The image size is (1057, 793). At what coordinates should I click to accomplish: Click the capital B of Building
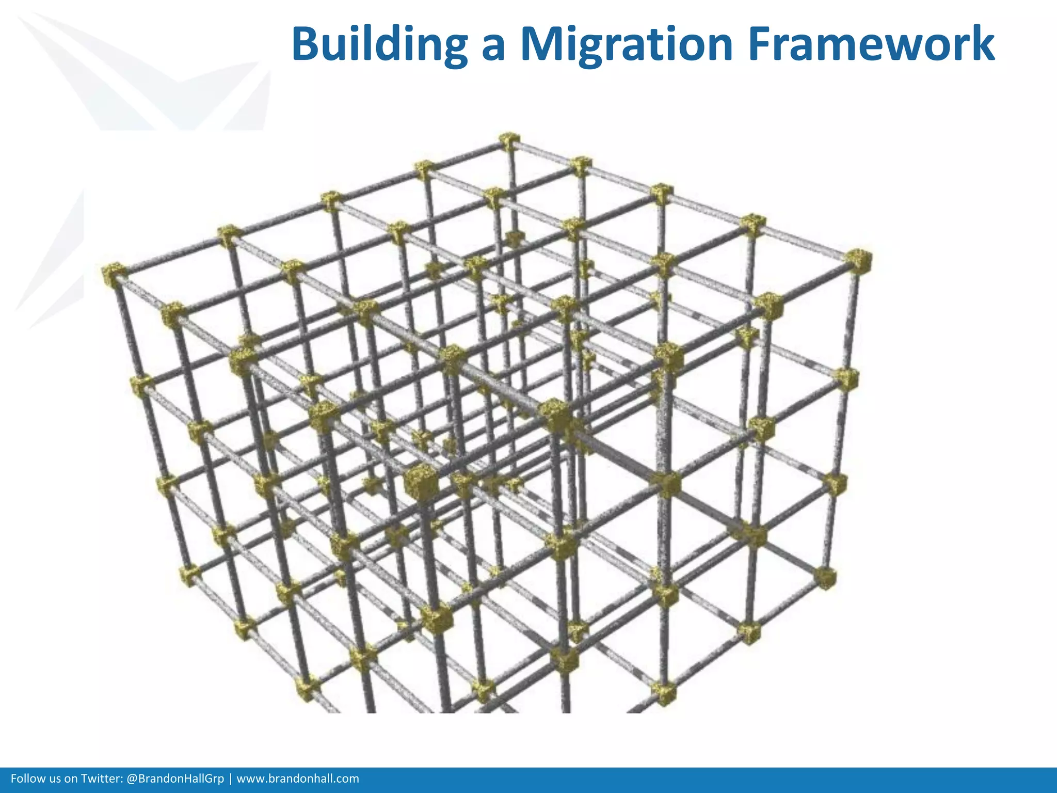click(x=307, y=44)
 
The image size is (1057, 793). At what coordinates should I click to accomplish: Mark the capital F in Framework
click(x=761, y=44)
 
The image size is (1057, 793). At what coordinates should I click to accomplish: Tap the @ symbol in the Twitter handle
click(x=132, y=779)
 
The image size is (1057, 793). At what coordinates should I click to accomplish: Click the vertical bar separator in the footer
click(x=230, y=779)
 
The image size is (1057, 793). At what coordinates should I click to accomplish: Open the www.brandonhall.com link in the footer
click(x=297, y=779)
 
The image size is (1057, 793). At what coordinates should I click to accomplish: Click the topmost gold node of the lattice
click(x=509, y=141)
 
